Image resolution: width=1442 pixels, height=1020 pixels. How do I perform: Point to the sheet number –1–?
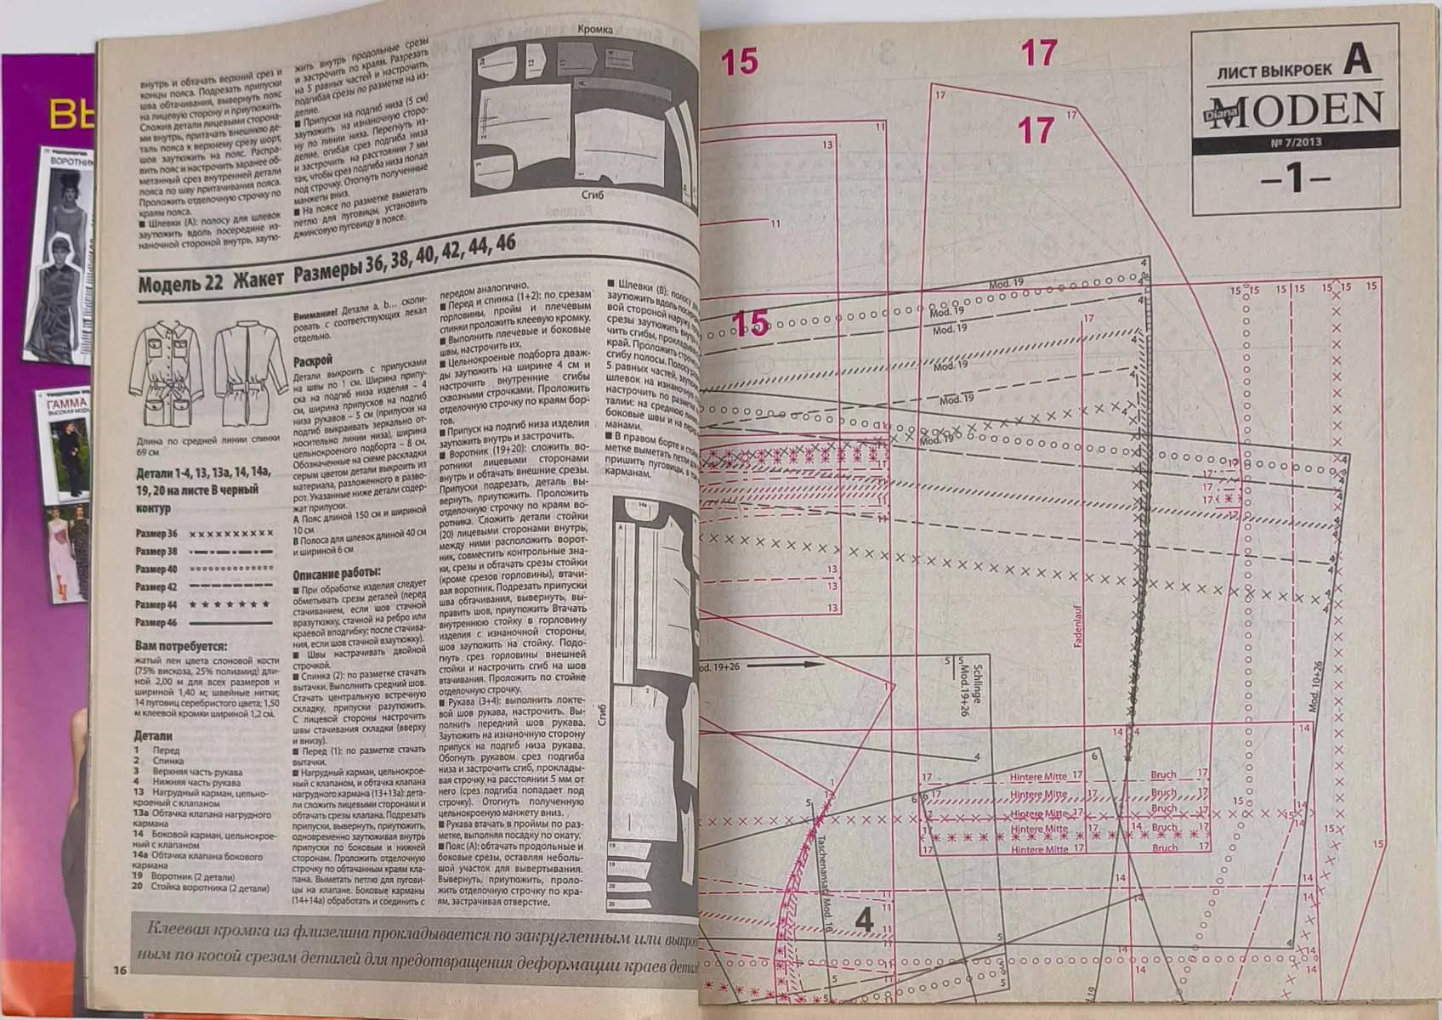[1295, 179]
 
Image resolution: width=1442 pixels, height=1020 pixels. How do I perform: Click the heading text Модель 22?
[180, 283]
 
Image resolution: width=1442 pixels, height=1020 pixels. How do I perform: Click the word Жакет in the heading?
[258, 278]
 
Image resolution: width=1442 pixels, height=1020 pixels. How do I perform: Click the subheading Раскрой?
[312, 360]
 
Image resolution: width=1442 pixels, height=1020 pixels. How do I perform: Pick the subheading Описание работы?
[336, 574]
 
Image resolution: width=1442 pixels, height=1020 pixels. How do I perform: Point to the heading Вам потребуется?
[180, 646]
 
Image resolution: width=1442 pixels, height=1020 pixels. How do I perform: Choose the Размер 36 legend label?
[156, 534]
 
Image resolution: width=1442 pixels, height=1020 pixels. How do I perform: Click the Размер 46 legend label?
[156, 622]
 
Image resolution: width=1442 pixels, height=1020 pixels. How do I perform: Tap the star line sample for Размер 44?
[230, 604]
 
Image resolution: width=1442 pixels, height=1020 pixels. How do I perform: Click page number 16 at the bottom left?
[118, 970]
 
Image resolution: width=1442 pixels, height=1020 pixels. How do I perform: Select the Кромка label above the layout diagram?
[594, 30]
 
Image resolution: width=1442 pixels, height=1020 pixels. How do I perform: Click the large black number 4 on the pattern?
[864, 919]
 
